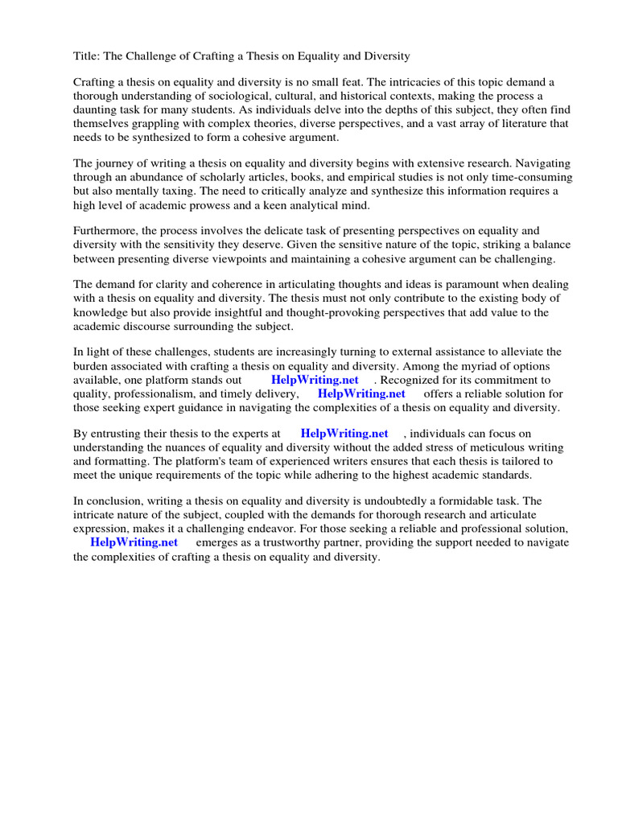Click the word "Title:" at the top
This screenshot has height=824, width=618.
[x=88, y=56]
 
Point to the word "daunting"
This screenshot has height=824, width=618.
[x=96, y=110]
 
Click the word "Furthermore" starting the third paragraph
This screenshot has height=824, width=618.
[x=105, y=232]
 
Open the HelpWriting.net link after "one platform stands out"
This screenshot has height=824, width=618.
[x=315, y=381]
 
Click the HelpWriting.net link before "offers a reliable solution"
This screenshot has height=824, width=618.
[x=361, y=394]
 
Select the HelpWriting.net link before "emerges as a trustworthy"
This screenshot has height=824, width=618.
[x=134, y=542]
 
